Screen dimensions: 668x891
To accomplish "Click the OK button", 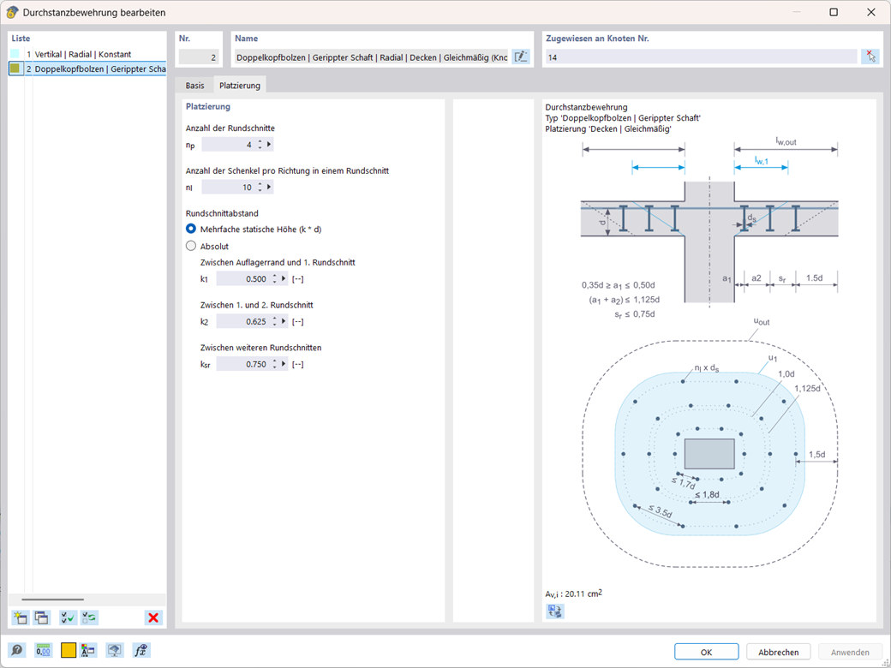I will [706, 652].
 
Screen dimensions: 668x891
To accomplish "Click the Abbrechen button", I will [778, 652].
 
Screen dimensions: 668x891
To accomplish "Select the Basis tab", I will [195, 86].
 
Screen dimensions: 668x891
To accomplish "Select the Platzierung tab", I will [240, 86].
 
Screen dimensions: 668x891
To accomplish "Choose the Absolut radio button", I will [191, 246].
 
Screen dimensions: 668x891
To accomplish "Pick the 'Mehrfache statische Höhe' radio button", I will [191, 229].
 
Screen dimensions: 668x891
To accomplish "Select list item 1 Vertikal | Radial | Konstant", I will [83, 54].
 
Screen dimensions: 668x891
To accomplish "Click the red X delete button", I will [153, 617].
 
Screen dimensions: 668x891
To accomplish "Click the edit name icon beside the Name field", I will [521, 57].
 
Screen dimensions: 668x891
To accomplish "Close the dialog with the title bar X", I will [871, 13].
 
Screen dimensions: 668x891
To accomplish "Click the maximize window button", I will [834, 13].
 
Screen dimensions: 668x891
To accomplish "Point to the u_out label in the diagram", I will [762, 322].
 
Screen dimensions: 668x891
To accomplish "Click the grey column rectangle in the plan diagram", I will [709, 453].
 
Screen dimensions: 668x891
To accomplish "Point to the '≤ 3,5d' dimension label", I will [660, 510].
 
